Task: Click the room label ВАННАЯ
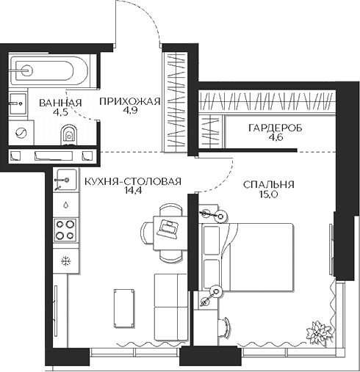pyautogui.click(x=60, y=102)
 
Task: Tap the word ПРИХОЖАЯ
pyautogui.click(x=129, y=102)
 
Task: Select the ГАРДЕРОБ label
pyautogui.click(x=275, y=128)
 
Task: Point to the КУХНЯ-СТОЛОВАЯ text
pyautogui.click(x=132, y=183)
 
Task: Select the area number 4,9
pyautogui.click(x=129, y=113)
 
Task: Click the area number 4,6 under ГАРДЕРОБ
pyautogui.click(x=275, y=138)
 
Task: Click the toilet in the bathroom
pyautogui.click(x=68, y=133)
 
